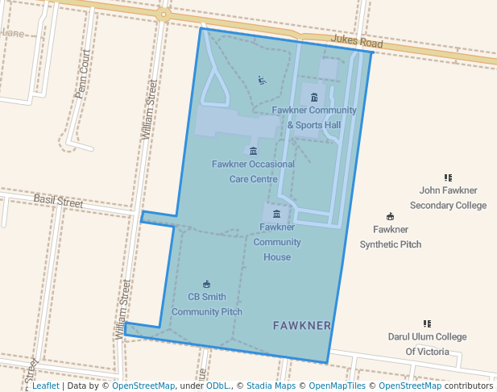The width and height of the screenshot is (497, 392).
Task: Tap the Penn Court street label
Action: tap(83, 73)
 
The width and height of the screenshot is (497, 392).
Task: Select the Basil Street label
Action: tap(58, 201)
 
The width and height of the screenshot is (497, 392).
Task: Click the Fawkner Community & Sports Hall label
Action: tap(314, 118)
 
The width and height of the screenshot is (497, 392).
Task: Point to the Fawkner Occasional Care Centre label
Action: tap(254, 172)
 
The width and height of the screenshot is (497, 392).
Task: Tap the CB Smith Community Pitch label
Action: tap(207, 304)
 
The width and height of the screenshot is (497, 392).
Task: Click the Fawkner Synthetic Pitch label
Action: tap(391, 237)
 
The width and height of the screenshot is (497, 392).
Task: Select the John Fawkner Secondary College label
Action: tap(449, 198)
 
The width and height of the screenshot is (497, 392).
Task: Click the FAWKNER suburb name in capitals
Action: tap(302, 326)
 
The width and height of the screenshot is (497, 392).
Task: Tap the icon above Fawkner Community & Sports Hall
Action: tap(314, 98)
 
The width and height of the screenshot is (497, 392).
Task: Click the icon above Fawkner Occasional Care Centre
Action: tap(254, 151)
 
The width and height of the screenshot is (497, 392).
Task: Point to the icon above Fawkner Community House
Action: tap(277, 214)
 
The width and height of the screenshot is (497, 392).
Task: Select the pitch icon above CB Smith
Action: tap(207, 284)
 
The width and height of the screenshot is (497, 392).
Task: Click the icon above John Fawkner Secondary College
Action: tap(449, 177)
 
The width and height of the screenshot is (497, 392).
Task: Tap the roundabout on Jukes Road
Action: tap(164, 14)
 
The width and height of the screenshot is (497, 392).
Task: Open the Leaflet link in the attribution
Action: tap(45, 386)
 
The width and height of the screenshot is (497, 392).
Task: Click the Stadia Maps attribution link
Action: tap(271, 386)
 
